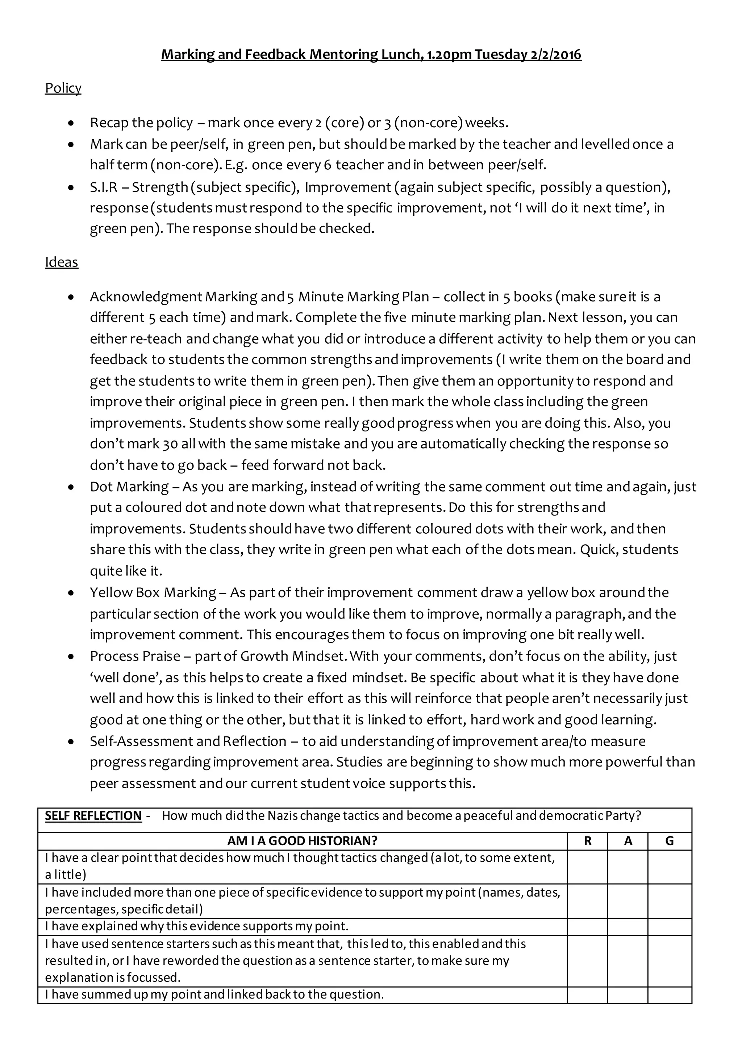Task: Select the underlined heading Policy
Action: (x=63, y=88)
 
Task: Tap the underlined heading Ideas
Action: (x=61, y=262)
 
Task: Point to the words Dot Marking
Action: (x=129, y=487)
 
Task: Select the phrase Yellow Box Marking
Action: (x=153, y=593)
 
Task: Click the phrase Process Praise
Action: (x=135, y=656)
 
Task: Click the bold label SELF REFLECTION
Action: (x=93, y=816)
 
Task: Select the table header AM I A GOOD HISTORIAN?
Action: (x=302, y=841)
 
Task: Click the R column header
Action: (x=588, y=841)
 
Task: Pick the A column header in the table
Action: (x=628, y=841)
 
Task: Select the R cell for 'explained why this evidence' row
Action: (x=588, y=926)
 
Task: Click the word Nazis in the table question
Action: (x=283, y=816)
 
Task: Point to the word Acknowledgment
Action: (x=146, y=297)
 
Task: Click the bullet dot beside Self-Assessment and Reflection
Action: (x=70, y=742)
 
